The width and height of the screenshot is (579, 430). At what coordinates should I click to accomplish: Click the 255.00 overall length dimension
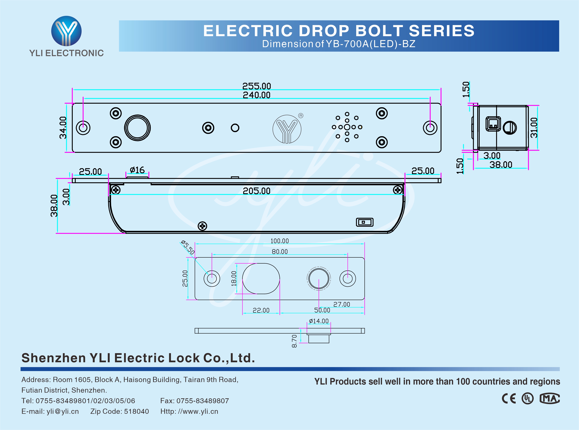[x=256, y=86]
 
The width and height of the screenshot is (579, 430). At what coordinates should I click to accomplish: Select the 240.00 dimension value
[x=256, y=95]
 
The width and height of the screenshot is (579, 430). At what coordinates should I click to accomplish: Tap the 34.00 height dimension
[x=63, y=128]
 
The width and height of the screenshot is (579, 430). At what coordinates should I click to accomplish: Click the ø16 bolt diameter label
[x=137, y=170]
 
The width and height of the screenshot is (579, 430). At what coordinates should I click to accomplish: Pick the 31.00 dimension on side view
[x=534, y=128]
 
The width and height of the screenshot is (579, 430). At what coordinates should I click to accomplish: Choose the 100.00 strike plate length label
[x=280, y=241]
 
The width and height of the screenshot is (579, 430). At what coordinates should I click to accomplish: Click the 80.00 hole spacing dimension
[x=280, y=252]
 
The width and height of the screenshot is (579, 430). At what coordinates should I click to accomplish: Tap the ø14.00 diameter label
[x=319, y=321]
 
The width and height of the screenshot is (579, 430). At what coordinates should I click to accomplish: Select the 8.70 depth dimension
[x=294, y=341]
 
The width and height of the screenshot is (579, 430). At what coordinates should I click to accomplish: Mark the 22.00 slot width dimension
[x=261, y=310]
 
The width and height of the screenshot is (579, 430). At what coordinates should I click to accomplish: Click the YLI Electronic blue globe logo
[x=66, y=31]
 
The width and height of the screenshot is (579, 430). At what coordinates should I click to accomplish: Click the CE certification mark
[x=509, y=398]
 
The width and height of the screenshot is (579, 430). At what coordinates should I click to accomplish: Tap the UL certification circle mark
[x=527, y=398]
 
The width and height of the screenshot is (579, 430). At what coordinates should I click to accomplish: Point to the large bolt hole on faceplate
[x=137, y=128]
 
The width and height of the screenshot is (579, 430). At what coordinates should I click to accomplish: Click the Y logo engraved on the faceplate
[x=287, y=129]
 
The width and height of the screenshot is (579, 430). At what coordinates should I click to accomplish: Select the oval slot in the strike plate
[x=261, y=279]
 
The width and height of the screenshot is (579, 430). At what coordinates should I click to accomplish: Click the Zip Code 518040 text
[x=120, y=411]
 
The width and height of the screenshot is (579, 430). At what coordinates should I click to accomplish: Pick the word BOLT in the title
[x=379, y=31]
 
